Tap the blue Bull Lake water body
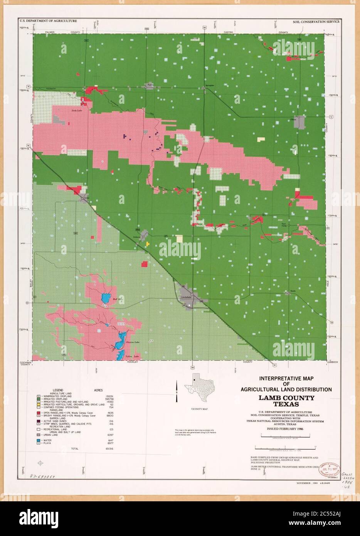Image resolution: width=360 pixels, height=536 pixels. (x=104, y=298)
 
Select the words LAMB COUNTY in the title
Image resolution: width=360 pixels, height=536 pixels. (x=286, y=398)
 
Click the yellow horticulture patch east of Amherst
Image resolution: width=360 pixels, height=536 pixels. (x=148, y=244)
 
